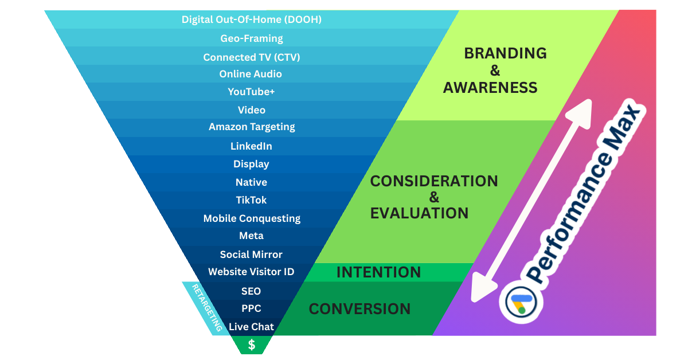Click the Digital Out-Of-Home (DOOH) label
click(251, 19)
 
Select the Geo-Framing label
click(251, 38)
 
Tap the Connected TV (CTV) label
click(251, 57)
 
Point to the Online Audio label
click(251, 74)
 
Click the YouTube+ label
click(251, 92)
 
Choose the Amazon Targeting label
click(252, 127)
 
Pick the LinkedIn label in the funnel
click(251, 146)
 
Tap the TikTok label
click(251, 200)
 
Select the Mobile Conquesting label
click(252, 218)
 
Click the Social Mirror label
click(251, 255)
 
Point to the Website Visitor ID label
click(251, 272)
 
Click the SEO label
click(251, 291)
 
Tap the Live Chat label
click(251, 327)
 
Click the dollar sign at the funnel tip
click(251, 345)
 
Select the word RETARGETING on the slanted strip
click(207, 308)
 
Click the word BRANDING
click(505, 53)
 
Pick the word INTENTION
click(378, 272)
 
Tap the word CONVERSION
click(359, 309)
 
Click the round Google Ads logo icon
click(521, 302)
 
